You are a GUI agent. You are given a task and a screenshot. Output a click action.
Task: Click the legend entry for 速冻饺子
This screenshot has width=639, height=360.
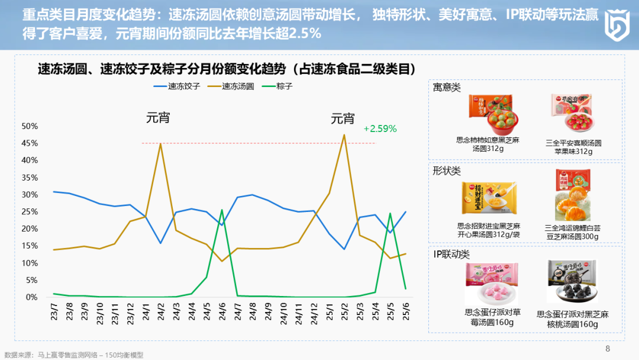pos(177,86)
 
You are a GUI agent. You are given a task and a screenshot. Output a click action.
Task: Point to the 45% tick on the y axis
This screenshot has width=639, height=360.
pos(30,143)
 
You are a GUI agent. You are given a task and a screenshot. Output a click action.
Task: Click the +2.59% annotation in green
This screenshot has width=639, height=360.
pos(380,128)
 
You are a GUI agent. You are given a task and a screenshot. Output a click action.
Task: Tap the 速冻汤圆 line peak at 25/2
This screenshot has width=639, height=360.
pos(344,135)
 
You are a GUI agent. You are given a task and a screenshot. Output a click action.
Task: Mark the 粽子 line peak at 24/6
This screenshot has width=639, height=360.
pos(222,210)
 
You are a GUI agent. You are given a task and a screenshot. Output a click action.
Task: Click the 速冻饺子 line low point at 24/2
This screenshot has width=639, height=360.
pos(160,243)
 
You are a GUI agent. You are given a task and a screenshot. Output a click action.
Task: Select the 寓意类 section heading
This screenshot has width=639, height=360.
pos(447,88)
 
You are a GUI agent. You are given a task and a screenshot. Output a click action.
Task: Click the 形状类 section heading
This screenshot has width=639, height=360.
pos(447,171)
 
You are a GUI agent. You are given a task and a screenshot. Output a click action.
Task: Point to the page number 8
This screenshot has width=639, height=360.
pos(607,348)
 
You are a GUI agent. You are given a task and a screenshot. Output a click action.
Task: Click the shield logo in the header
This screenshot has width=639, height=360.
pos(617,25)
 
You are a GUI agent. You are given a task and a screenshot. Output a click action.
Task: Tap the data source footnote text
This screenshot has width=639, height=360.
pos(74,355)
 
